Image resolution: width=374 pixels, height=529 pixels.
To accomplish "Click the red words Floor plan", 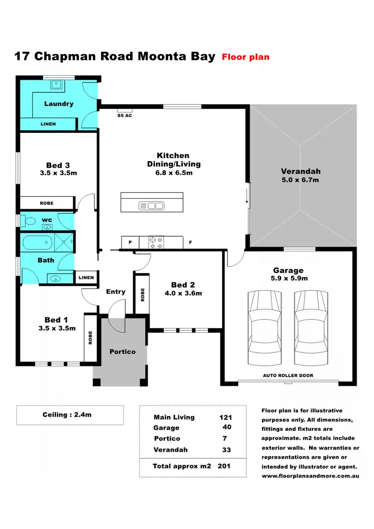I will [x=245, y=57].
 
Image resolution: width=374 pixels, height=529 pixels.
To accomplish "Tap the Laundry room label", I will [x=59, y=104].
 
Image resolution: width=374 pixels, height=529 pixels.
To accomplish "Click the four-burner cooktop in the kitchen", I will [x=156, y=243].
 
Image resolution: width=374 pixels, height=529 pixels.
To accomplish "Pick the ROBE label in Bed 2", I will [x=142, y=294].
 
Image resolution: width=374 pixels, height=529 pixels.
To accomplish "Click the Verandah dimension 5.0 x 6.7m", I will [x=300, y=180].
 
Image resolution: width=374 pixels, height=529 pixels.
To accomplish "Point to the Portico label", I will [x=122, y=351].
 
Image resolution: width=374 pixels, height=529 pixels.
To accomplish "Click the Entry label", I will [x=116, y=291].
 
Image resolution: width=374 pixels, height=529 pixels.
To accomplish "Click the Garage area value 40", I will [x=226, y=427].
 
